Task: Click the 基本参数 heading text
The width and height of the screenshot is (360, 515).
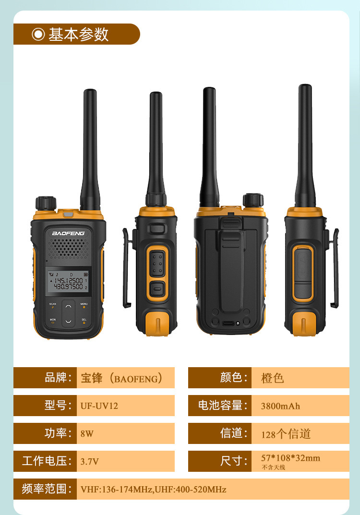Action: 79,34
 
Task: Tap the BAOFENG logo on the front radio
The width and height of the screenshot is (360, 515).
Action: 68,233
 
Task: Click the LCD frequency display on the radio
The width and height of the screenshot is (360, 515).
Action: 68,281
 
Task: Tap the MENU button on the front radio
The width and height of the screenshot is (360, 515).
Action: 84,305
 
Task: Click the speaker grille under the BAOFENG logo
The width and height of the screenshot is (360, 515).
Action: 68,247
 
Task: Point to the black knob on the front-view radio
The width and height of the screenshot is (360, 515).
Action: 46,203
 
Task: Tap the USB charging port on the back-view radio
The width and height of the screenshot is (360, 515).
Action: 228,323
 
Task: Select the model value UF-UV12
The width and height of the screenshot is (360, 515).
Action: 99,406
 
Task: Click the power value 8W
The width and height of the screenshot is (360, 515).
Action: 87,433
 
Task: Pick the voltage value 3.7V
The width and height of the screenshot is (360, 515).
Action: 89,461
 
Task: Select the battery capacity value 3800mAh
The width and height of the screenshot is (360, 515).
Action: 280,406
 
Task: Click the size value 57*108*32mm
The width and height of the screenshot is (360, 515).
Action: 291,458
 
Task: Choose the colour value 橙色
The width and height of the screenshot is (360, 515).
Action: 272,378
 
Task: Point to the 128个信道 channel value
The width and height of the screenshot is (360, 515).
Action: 286,434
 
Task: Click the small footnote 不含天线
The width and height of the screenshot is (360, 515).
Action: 273,467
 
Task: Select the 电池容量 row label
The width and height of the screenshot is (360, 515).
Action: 222,405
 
